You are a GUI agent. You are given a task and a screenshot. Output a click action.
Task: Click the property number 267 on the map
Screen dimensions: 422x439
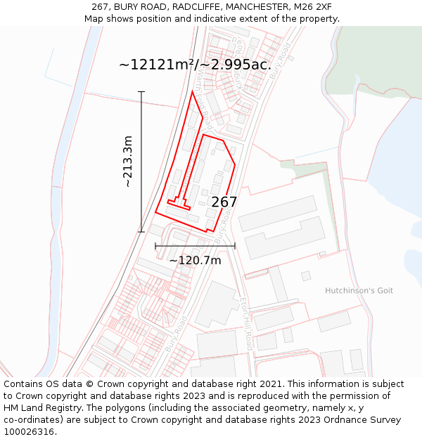(224, 202)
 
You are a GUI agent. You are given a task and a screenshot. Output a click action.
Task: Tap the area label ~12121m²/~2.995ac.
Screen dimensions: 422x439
(195, 65)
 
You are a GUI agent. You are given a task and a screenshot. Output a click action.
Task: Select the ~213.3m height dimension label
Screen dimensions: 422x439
(127, 162)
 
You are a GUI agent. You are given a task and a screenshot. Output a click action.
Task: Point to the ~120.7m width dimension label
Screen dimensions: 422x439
(195, 261)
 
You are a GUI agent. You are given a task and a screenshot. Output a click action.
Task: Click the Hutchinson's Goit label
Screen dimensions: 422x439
(359, 291)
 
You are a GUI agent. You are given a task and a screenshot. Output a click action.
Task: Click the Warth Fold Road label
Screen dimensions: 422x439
(205, 87)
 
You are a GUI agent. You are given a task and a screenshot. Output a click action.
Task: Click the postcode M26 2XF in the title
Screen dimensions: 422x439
(314, 7)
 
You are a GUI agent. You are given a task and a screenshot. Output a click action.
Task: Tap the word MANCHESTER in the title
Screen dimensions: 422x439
(252, 7)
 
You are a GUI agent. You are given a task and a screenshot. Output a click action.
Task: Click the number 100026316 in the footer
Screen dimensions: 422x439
(30, 432)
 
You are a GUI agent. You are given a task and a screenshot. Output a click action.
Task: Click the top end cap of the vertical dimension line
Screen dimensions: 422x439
(141, 92)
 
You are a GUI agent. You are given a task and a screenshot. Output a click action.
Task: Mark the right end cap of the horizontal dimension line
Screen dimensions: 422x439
(234, 247)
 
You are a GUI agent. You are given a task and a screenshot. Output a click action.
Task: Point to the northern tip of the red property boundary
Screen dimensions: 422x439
(193, 91)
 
